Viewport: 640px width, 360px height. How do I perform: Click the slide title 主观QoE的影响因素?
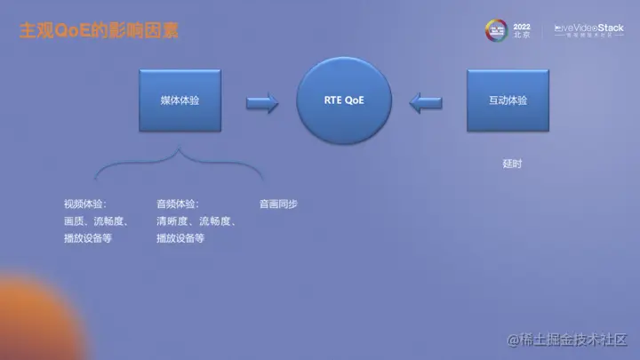[x=99, y=30]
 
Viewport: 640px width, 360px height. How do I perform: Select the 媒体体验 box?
[x=180, y=101]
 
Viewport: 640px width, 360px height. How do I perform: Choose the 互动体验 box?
[x=508, y=101]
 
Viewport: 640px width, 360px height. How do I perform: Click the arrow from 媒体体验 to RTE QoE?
[x=262, y=103]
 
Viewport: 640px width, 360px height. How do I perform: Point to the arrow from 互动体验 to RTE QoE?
[x=427, y=103]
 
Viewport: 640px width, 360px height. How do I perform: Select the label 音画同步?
[x=278, y=204]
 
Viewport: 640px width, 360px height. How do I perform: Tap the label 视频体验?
[x=85, y=204]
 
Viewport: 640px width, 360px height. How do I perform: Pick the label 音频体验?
[x=178, y=204]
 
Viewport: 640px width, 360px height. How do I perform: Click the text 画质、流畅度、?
[x=98, y=221]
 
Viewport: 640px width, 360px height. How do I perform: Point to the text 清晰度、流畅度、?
[x=196, y=221]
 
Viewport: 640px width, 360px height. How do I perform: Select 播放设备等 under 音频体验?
[x=180, y=238]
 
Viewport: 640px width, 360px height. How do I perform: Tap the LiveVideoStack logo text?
[x=588, y=28]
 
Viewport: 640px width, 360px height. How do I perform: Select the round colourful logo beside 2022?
[x=495, y=30]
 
